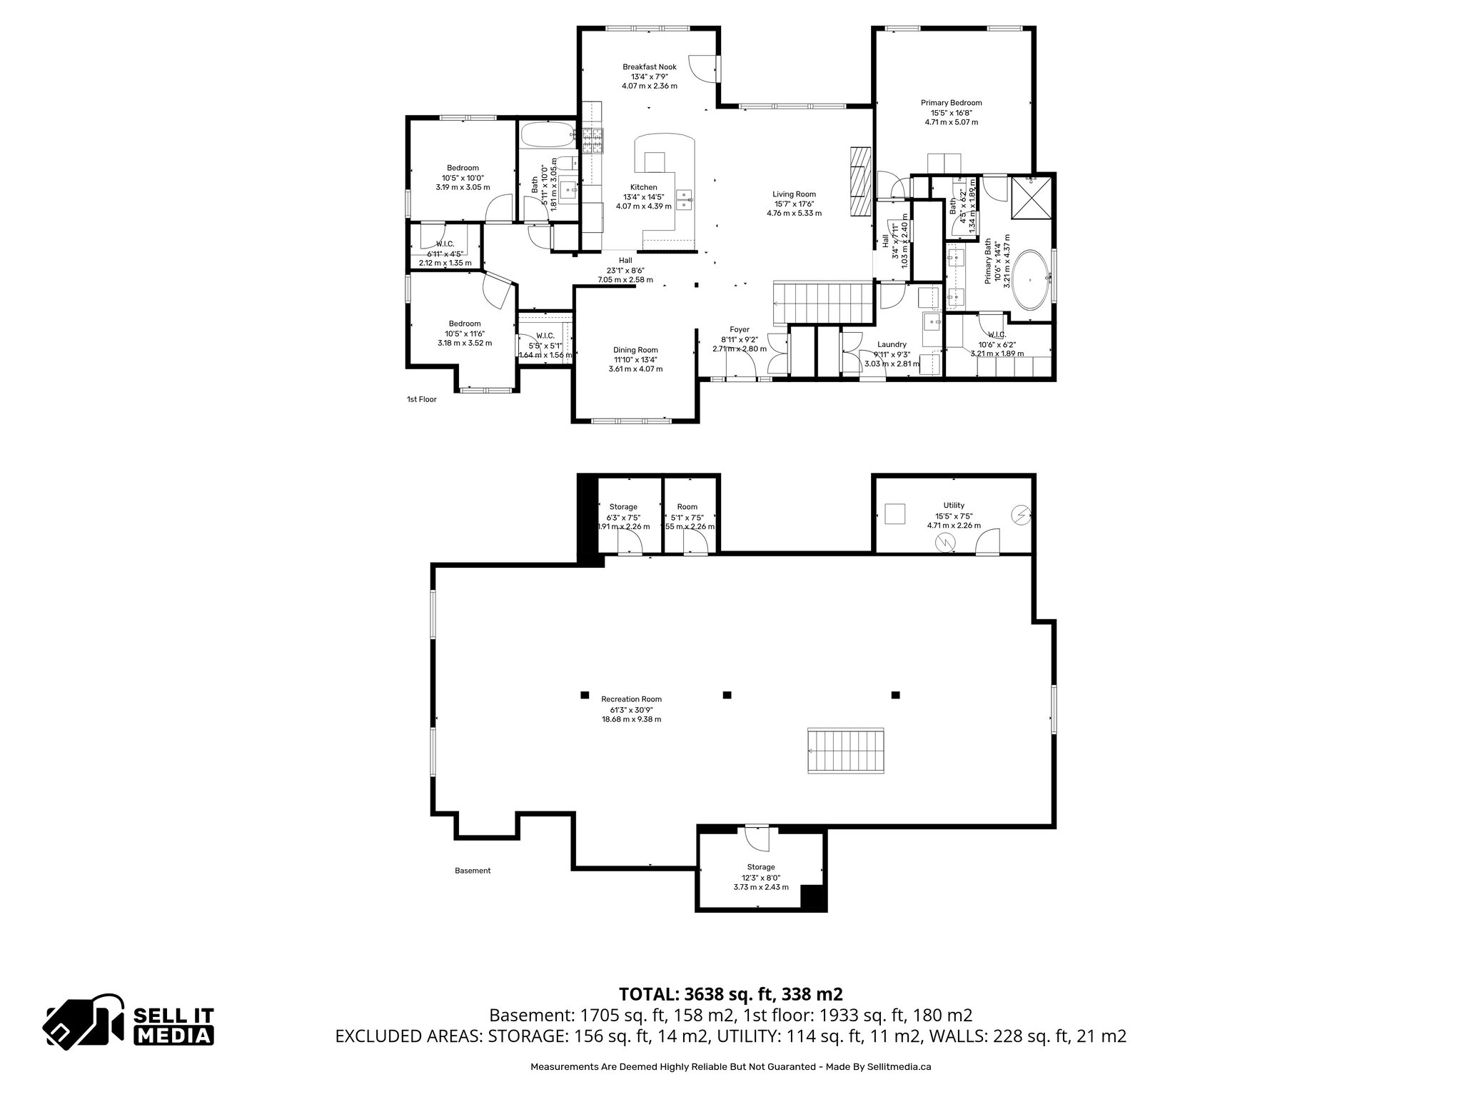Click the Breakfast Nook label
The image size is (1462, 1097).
tap(649, 67)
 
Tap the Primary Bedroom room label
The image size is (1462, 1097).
tap(951, 103)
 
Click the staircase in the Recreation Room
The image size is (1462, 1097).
tap(846, 750)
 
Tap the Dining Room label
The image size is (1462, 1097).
tap(635, 350)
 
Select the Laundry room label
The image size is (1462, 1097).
tap(892, 344)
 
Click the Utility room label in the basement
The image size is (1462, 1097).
tap(954, 506)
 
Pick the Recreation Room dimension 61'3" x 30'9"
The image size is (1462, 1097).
tap(631, 709)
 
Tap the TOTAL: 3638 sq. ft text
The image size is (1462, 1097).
tap(730, 993)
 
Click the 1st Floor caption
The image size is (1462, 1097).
tap(421, 399)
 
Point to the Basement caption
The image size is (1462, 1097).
tap(473, 871)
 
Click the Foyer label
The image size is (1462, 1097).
tap(739, 330)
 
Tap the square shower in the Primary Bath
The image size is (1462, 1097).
tap(1030, 197)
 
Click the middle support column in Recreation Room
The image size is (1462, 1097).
tap(727, 694)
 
